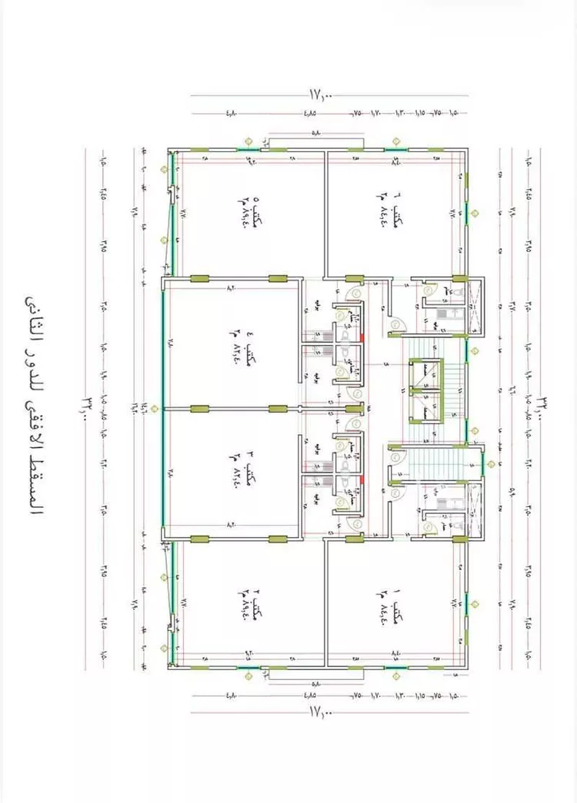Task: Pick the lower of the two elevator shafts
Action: point(425,402)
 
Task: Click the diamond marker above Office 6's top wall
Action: point(397,141)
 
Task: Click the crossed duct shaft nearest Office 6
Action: point(475,308)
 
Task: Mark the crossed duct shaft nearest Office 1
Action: point(475,508)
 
